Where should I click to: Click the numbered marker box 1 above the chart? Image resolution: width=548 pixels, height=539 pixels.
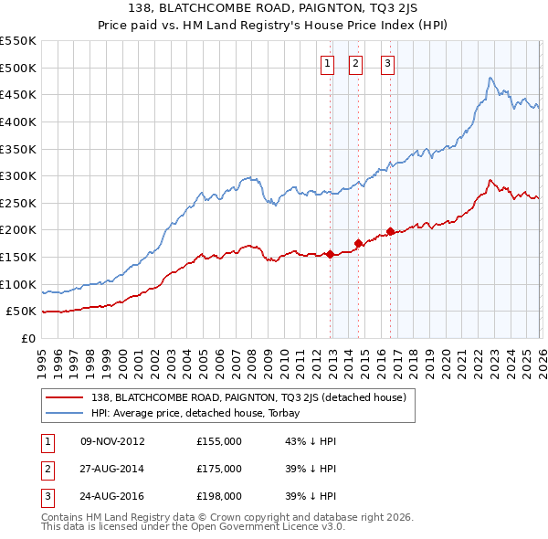click(327, 63)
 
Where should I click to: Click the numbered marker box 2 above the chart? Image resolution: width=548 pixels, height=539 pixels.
click(355, 63)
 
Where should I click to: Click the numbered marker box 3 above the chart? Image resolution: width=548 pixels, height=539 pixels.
click(387, 63)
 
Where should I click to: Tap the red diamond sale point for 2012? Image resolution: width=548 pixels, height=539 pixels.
click(329, 254)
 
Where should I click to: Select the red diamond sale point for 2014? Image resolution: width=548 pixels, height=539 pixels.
click(358, 243)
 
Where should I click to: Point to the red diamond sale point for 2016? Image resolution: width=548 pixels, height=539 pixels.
click(390, 231)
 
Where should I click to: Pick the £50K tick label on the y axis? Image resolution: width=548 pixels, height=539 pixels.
click(22, 312)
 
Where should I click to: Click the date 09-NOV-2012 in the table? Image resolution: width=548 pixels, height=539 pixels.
click(113, 441)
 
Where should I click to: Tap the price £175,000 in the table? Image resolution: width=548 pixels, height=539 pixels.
click(219, 469)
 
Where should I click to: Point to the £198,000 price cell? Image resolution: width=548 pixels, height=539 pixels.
click(219, 496)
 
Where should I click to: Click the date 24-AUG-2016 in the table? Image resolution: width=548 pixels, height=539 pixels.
click(113, 496)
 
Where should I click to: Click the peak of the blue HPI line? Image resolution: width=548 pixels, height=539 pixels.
click(490, 79)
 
